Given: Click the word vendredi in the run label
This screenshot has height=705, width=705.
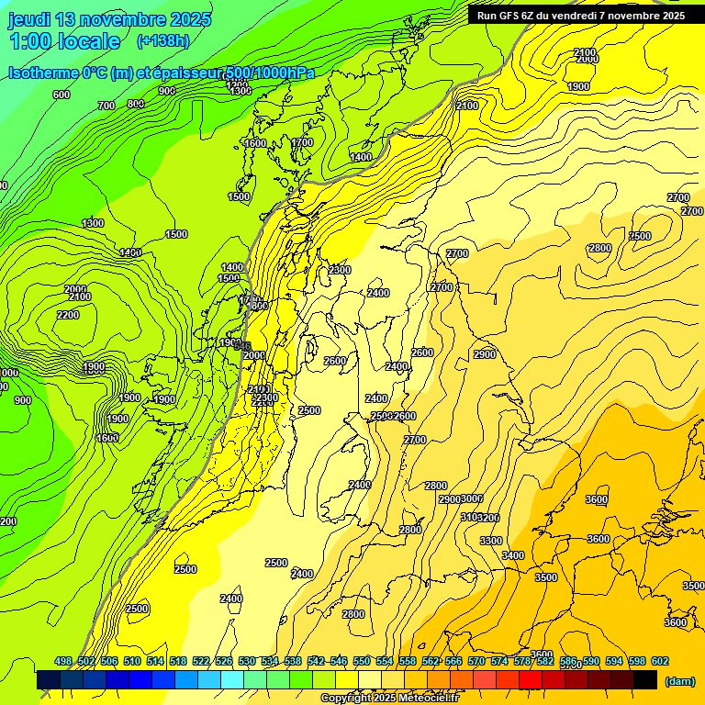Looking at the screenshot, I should tap(590, 16).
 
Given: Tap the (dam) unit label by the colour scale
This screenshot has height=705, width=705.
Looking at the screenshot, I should tap(679, 681).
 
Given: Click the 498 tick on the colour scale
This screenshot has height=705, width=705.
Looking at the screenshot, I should tap(62, 661).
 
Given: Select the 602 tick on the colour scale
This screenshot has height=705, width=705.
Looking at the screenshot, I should tap(659, 661).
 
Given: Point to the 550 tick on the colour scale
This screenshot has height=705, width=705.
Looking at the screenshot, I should tap(361, 661).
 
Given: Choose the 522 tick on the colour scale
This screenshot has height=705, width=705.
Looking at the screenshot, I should tap(200, 661).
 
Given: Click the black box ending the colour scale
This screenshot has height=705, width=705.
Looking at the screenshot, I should tap(645, 680).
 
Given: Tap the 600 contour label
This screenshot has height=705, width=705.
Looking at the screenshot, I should tap(62, 95).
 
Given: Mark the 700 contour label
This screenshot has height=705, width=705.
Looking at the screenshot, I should tap(106, 106).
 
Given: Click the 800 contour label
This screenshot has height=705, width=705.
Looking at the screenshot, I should tap(136, 104).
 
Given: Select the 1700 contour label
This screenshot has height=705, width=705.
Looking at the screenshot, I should tap(302, 142).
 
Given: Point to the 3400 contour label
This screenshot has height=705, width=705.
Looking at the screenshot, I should tap(513, 555).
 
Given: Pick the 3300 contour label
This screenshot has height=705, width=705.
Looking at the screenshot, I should tap(490, 541).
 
